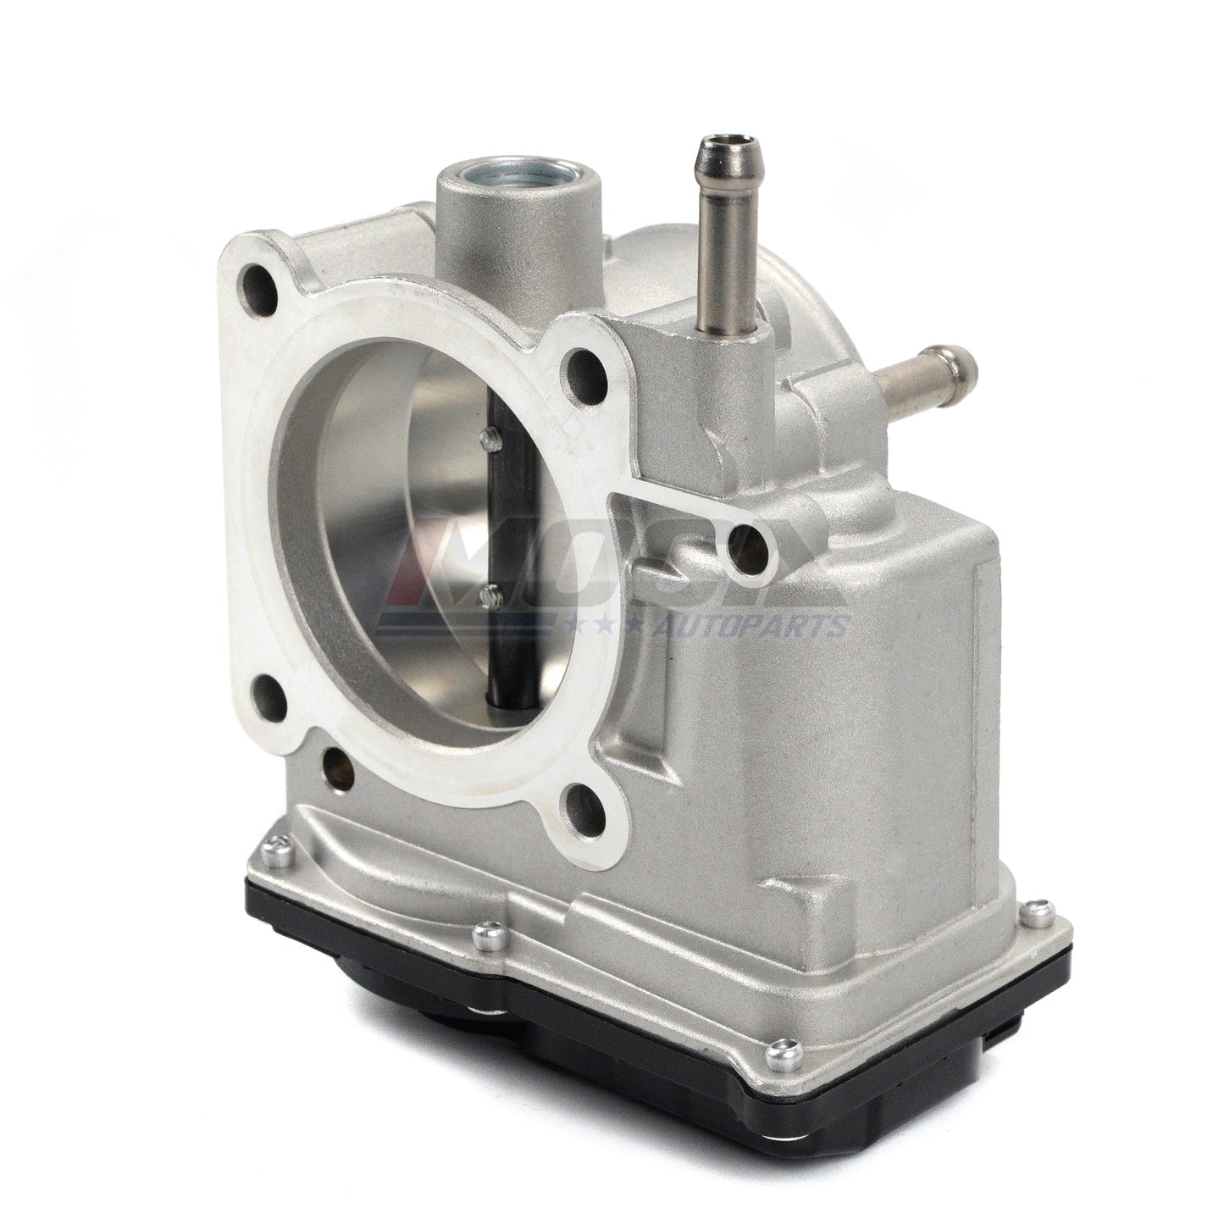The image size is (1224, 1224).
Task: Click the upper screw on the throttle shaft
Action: click(487, 437)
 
